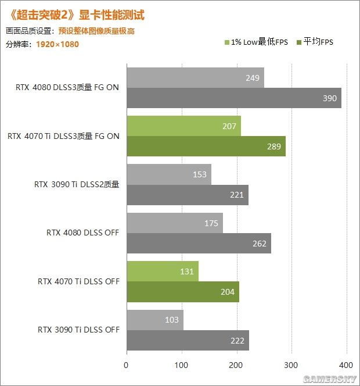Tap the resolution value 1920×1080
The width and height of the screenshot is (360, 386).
pyautogui.click(x=57, y=44)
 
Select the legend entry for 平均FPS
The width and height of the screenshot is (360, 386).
pyautogui.click(x=315, y=42)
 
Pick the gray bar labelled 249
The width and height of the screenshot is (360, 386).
pyautogui.click(x=195, y=78)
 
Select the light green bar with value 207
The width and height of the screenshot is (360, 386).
pyautogui.click(x=183, y=126)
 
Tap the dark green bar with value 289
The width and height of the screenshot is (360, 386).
pyautogui.click(x=206, y=146)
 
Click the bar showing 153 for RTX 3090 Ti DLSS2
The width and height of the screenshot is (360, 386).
pyautogui.click(x=168, y=174)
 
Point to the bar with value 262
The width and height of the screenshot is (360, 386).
pyautogui.click(x=198, y=243)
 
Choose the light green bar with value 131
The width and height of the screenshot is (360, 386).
pyautogui.click(x=162, y=271)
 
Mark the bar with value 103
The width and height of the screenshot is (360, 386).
pyautogui.click(x=154, y=319)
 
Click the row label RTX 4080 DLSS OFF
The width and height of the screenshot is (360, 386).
pyautogui.click(x=82, y=233)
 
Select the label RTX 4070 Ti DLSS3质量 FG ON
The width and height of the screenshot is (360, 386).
pyautogui.click(x=63, y=137)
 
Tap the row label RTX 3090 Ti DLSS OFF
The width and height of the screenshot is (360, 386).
pyautogui.click(x=78, y=330)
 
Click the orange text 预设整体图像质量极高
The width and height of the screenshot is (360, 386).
pyautogui.click(x=96, y=31)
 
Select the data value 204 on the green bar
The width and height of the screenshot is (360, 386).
pyautogui.click(x=228, y=292)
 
